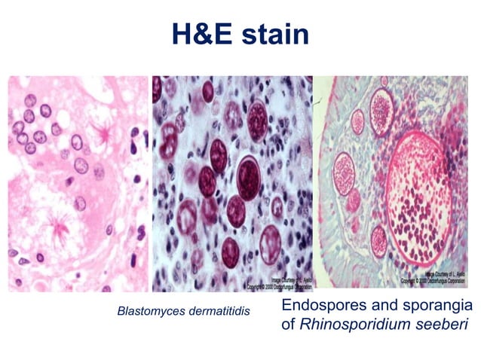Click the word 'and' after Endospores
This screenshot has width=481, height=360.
coord(391,306)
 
